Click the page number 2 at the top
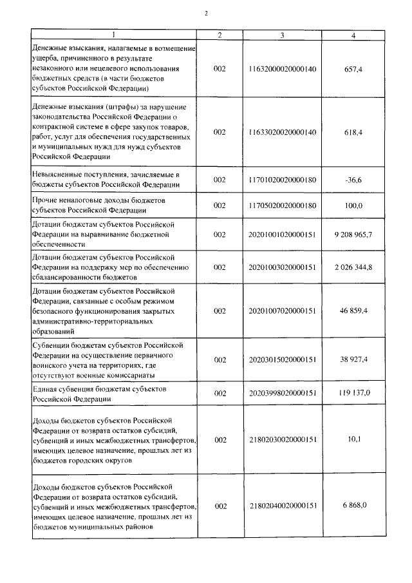coord(207,13)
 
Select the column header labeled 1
coord(114,35)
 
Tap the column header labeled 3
coord(282,35)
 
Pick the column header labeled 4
coord(353,35)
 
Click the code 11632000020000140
coord(282,68)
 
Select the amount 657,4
coord(353,68)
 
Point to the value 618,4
coord(353,131)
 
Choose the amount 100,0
coord(353,205)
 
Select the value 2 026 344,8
coord(353,267)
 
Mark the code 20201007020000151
coord(282,311)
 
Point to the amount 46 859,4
coord(353,311)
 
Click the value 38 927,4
coord(353,359)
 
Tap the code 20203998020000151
coord(282,392)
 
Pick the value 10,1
coord(353,439)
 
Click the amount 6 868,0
coord(353,505)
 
